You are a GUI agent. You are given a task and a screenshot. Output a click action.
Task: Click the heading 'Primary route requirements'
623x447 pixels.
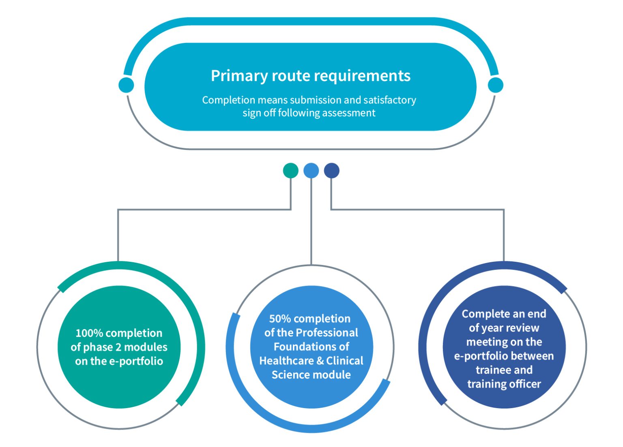[x=311, y=75]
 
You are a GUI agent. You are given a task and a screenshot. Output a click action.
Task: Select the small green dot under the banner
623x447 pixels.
[x=291, y=171]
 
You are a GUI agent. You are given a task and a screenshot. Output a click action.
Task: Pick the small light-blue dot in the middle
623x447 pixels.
[x=311, y=171]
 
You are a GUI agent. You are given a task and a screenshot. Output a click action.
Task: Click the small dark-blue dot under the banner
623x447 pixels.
[x=331, y=171]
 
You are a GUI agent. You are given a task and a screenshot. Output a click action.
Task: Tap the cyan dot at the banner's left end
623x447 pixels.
[x=126, y=85]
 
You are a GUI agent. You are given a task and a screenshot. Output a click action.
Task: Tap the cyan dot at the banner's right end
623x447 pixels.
[x=496, y=85]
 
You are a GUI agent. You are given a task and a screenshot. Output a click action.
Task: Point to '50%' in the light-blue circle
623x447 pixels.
[x=280, y=319]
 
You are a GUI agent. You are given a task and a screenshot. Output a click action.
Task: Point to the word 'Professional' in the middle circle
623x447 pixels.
[x=327, y=333]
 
